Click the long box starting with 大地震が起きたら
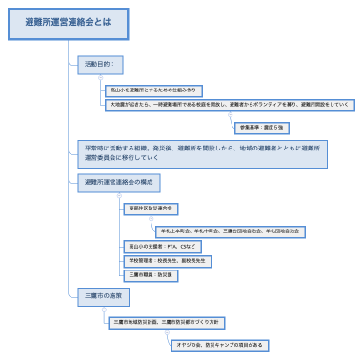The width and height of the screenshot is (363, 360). pyautogui.click(x=228, y=105)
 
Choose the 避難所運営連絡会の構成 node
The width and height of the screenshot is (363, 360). pyautogui.click(x=118, y=181)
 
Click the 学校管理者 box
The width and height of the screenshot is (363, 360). pyautogui.click(x=167, y=259)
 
